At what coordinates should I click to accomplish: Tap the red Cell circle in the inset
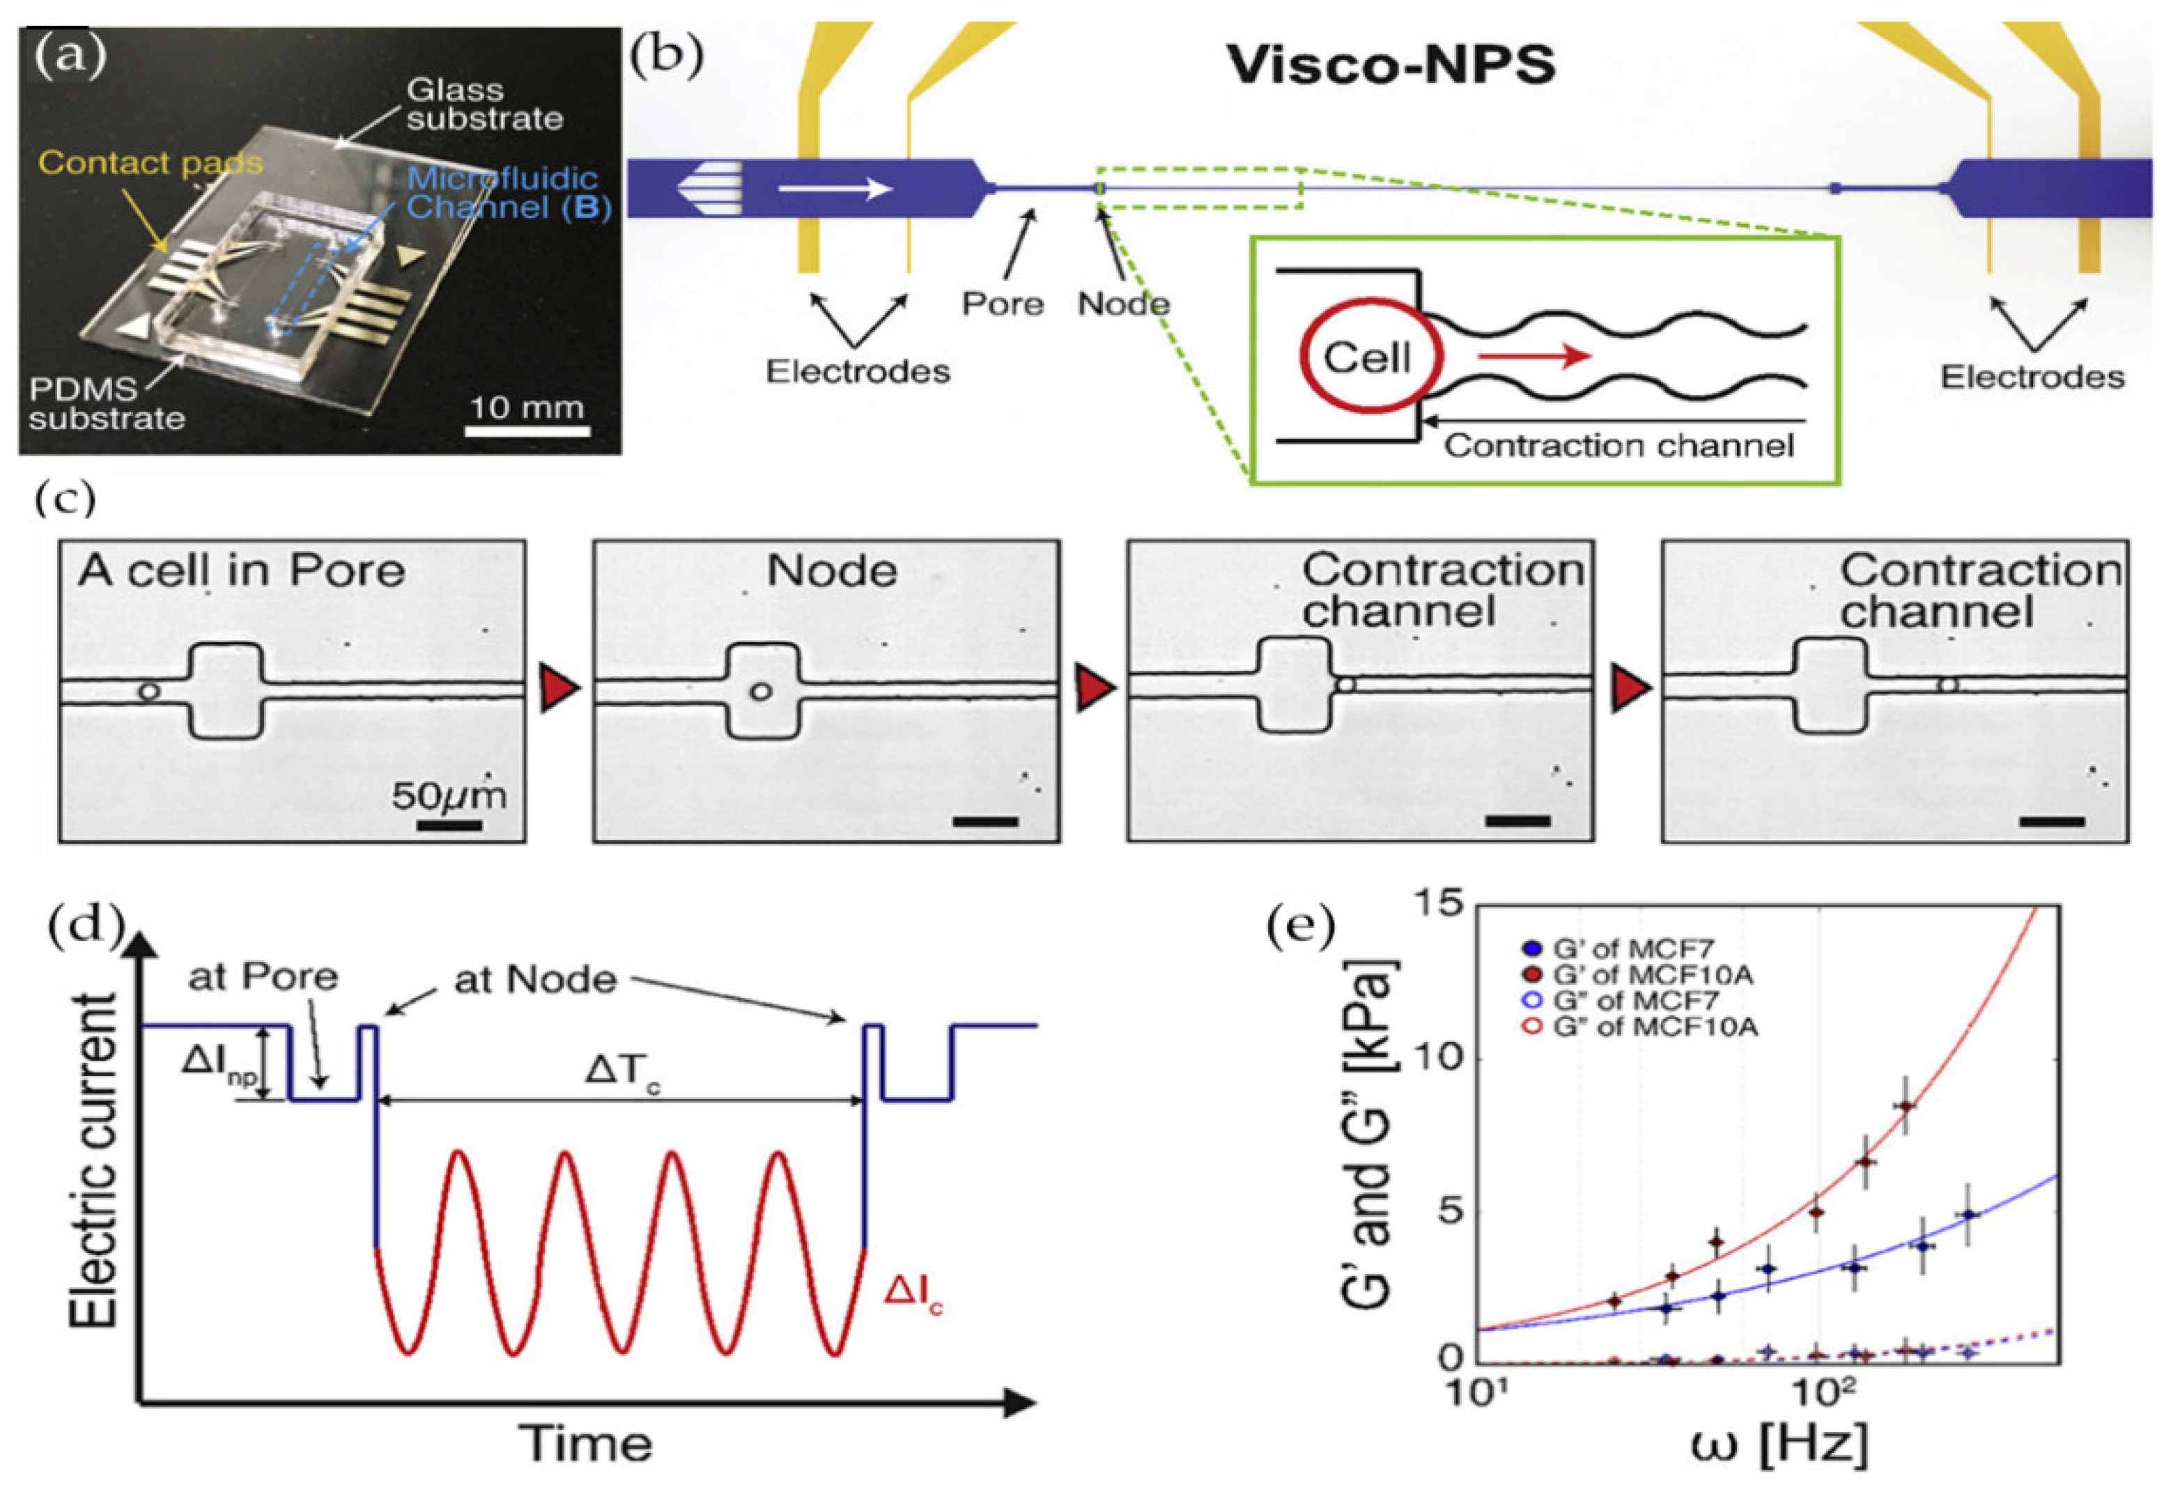1366,357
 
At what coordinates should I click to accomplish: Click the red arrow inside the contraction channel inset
1534,356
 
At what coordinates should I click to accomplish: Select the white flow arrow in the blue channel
834,189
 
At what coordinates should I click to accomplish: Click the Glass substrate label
484,104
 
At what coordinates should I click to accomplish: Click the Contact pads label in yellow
150,164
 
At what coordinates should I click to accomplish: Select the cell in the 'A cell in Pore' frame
148,692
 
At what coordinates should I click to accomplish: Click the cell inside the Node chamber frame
761,692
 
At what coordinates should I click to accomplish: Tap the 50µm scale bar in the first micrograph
449,825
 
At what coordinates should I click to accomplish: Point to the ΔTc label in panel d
621,1071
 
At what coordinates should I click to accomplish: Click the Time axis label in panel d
586,1443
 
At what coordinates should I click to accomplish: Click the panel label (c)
65,499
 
